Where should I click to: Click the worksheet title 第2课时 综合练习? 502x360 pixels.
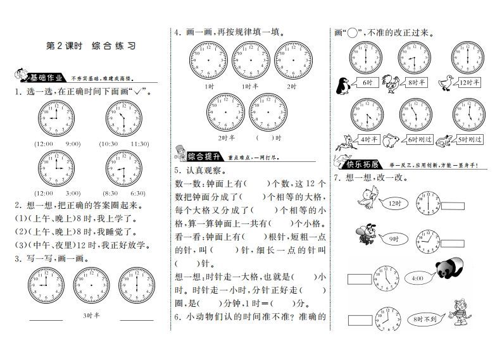91,46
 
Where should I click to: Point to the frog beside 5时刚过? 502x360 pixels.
445,139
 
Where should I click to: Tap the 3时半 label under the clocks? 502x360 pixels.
91,314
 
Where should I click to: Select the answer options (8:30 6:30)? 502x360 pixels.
122,193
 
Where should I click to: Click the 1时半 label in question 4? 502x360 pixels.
248,85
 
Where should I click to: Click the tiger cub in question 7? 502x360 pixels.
458,314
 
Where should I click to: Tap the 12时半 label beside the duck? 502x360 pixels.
468,83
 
